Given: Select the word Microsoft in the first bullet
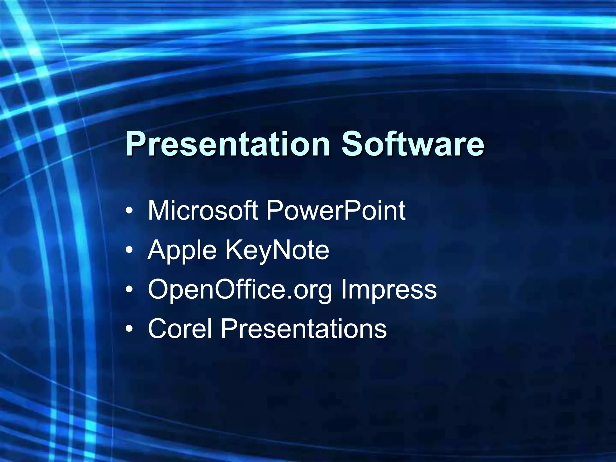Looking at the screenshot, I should [202, 211].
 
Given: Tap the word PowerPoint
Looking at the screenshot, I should [335, 211].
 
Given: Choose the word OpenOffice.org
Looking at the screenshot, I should [240, 289].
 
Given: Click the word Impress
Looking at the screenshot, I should [388, 289].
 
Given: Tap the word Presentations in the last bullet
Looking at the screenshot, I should [303, 328].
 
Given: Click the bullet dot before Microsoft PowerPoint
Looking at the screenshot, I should [129, 211].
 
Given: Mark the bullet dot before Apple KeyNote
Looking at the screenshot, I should [129, 250].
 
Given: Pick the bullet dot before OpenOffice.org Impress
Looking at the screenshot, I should [129, 289].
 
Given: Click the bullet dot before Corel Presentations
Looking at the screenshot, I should [129, 329].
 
